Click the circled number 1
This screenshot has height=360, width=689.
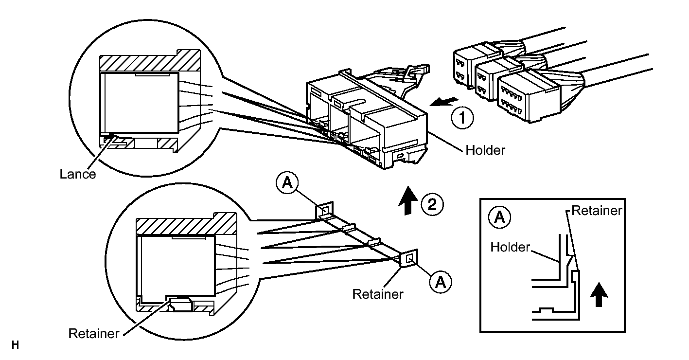coord(462,118)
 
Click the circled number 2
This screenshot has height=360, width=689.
coord(432,204)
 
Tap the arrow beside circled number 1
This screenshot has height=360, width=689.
coord(444,102)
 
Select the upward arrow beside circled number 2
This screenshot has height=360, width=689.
coord(408,200)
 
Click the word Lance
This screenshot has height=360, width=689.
coord(77,174)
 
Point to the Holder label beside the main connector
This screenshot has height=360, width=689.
coord(485,150)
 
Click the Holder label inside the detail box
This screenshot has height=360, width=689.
coord(510,247)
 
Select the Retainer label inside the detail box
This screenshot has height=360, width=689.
coord(597,211)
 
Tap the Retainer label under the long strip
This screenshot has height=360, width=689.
coord(378,294)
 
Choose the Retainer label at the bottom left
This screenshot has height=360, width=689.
coord(94,334)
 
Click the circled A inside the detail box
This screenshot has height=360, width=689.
coord(499,217)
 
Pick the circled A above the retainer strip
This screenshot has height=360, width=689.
coord(287,183)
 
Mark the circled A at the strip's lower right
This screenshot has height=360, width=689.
coord(441,282)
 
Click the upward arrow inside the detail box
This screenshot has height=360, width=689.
coord(599,294)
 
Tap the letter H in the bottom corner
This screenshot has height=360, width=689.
coord(15,345)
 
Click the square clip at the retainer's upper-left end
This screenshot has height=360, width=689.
coord(324,211)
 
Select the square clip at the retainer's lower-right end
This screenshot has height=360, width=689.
coord(409,258)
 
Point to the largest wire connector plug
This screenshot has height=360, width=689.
coord(529,96)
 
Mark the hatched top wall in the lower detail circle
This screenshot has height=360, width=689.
coord(186,224)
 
